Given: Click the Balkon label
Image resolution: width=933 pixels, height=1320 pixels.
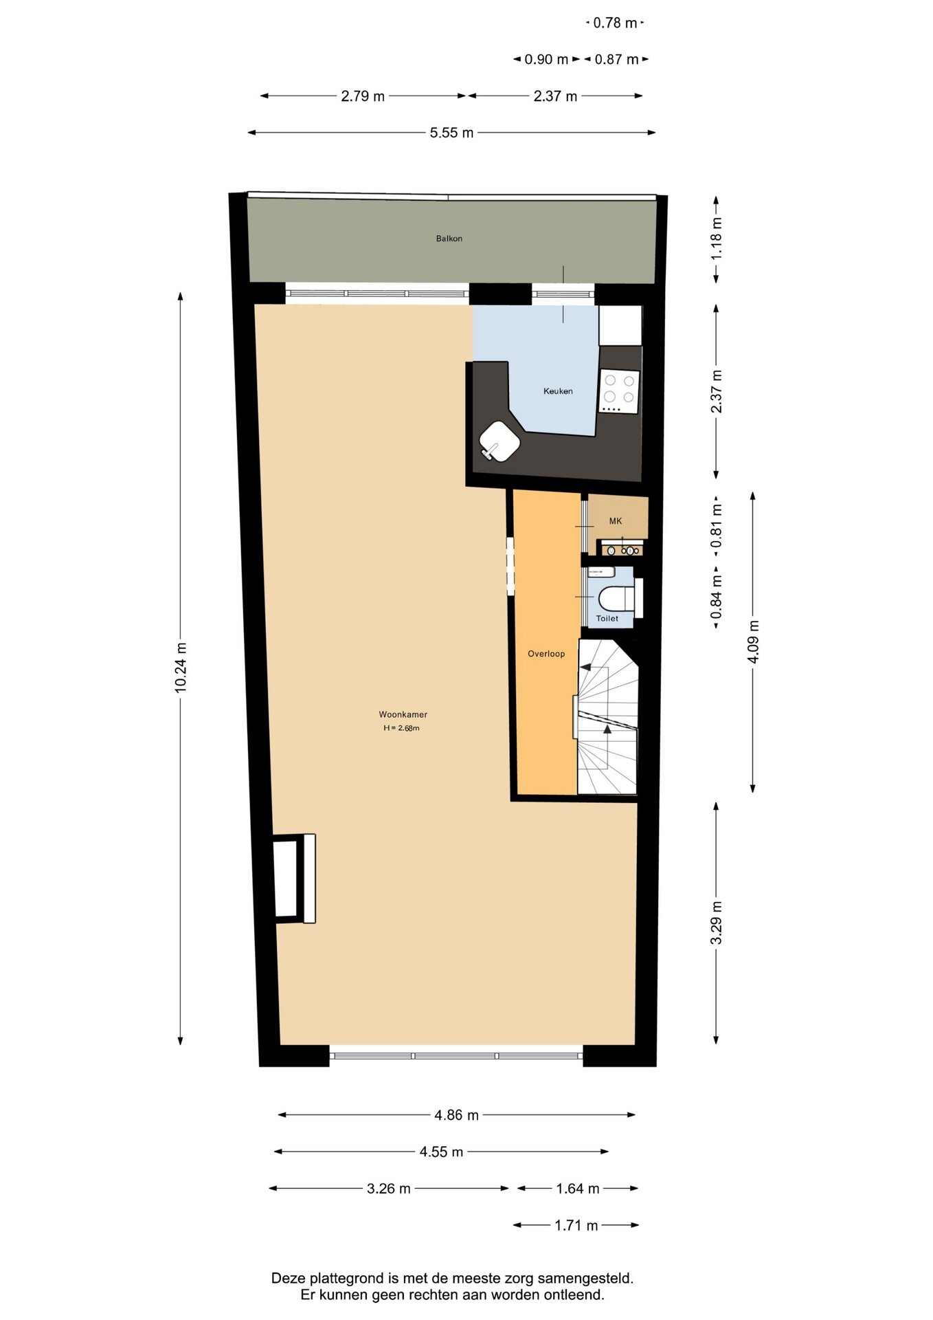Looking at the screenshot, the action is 449,239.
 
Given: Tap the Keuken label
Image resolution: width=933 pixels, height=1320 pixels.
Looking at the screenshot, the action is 558,391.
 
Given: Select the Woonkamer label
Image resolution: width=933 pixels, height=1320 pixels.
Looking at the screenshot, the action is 403,714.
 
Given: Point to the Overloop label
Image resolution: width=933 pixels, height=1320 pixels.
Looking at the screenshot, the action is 546,654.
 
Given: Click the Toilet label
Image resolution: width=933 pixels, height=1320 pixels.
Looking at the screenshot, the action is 607,619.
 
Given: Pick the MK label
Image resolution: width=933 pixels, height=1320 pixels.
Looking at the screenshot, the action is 616,521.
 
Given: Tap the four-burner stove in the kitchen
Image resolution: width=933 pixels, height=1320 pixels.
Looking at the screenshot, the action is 619,391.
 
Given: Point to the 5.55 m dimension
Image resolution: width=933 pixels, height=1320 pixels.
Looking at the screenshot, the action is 451,133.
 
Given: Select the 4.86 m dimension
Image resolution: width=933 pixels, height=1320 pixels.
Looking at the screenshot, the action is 456,1115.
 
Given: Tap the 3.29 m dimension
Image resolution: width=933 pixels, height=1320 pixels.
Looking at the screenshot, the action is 716,923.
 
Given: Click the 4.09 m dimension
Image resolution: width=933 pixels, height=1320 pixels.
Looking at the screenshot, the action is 753,642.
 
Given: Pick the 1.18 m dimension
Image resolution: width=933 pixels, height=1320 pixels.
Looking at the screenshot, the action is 716,239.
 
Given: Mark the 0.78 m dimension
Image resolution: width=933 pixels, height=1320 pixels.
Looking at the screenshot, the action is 616,23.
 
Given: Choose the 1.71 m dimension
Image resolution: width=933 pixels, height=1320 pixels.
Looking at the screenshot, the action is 576,1225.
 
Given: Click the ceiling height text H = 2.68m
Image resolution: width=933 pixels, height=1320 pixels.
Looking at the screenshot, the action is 401,728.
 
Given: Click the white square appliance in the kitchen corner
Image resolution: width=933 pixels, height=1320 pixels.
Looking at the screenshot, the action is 620,325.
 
